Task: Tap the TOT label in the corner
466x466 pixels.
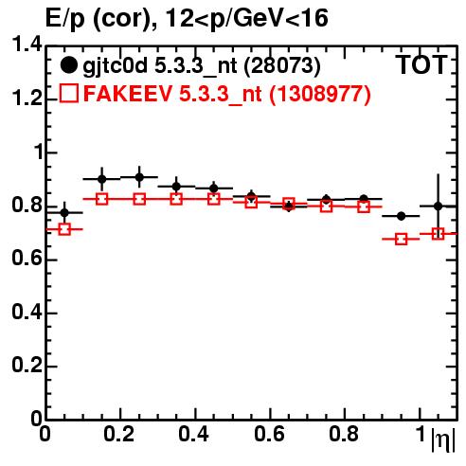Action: click(x=422, y=64)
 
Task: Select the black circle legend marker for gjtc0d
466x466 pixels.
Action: click(x=68, y=65)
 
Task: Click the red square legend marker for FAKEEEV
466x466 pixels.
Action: click(x=69, y=93)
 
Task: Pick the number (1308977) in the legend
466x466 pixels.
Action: click(x=320, y=94)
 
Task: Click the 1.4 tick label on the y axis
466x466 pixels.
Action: click(x=27, y=45)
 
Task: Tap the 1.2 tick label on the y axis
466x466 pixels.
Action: click(x=27, y=99)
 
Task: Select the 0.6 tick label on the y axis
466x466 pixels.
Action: click(x=27, y=259)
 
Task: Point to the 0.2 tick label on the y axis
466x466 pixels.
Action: click(x=27, y=366)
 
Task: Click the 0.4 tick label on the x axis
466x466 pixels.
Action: click(x=193, y=434)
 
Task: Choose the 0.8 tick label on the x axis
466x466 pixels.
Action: click(x=344, y=434)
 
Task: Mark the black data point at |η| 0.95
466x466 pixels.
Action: click(x=401, y=216)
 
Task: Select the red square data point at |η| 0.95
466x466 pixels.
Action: click(x=401, y=240)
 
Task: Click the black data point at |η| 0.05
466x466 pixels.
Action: click(x=64, y=213)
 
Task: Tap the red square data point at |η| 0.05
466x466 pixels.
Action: click(x=64, y=229)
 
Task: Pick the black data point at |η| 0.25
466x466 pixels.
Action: click(x=139, y=177)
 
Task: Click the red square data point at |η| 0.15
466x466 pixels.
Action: click(x=102, y=199)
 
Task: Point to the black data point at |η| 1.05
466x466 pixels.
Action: click(x=438, y=206)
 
